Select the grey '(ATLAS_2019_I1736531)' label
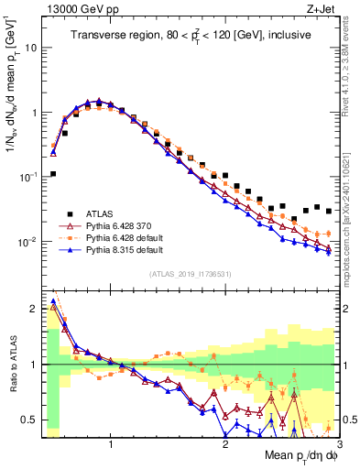[191, 274]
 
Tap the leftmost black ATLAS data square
[53, 173]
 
